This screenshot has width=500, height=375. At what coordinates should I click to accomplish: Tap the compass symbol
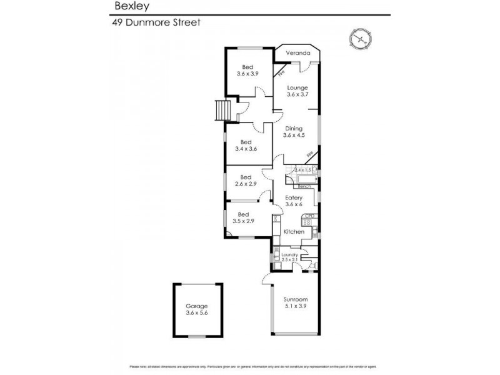click(x=360, y=39)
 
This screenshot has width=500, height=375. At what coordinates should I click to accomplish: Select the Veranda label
click(x=297, y=54)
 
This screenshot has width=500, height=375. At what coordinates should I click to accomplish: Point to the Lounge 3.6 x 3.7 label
click(x=297, y=91)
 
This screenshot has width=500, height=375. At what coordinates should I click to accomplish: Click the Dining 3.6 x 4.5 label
click(x=293, y=132)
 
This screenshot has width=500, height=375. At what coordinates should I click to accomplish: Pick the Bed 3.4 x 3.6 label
click(x=246, y=146)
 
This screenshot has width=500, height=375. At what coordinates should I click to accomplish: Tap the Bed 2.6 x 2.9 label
click(x=246, y=181)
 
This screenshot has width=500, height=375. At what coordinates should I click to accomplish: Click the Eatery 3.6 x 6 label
click(x=294, y=201)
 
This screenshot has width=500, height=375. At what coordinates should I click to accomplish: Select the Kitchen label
click(x=294, y=232)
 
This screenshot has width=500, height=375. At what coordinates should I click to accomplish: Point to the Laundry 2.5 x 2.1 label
click(x=289, y=257)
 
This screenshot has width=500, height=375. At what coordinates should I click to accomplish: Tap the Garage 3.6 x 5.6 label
click(x=196, y=309)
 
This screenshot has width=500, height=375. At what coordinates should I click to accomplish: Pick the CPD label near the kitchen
click(x=307, y=216)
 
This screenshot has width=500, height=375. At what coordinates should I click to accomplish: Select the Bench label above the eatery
click(x=304, y=186)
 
